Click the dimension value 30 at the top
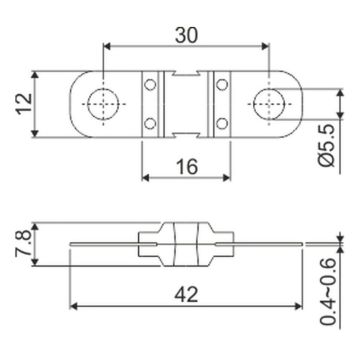[186, 35]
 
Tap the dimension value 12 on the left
[24, 104]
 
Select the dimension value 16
[186, 166]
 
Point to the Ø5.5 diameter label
[327, 147]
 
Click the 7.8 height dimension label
[23, 244]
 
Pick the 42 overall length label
[186, 295]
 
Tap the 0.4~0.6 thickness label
[327, 291]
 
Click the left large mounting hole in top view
[103, 104]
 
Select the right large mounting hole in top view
[269, 104]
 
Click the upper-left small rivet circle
[150, 85]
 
